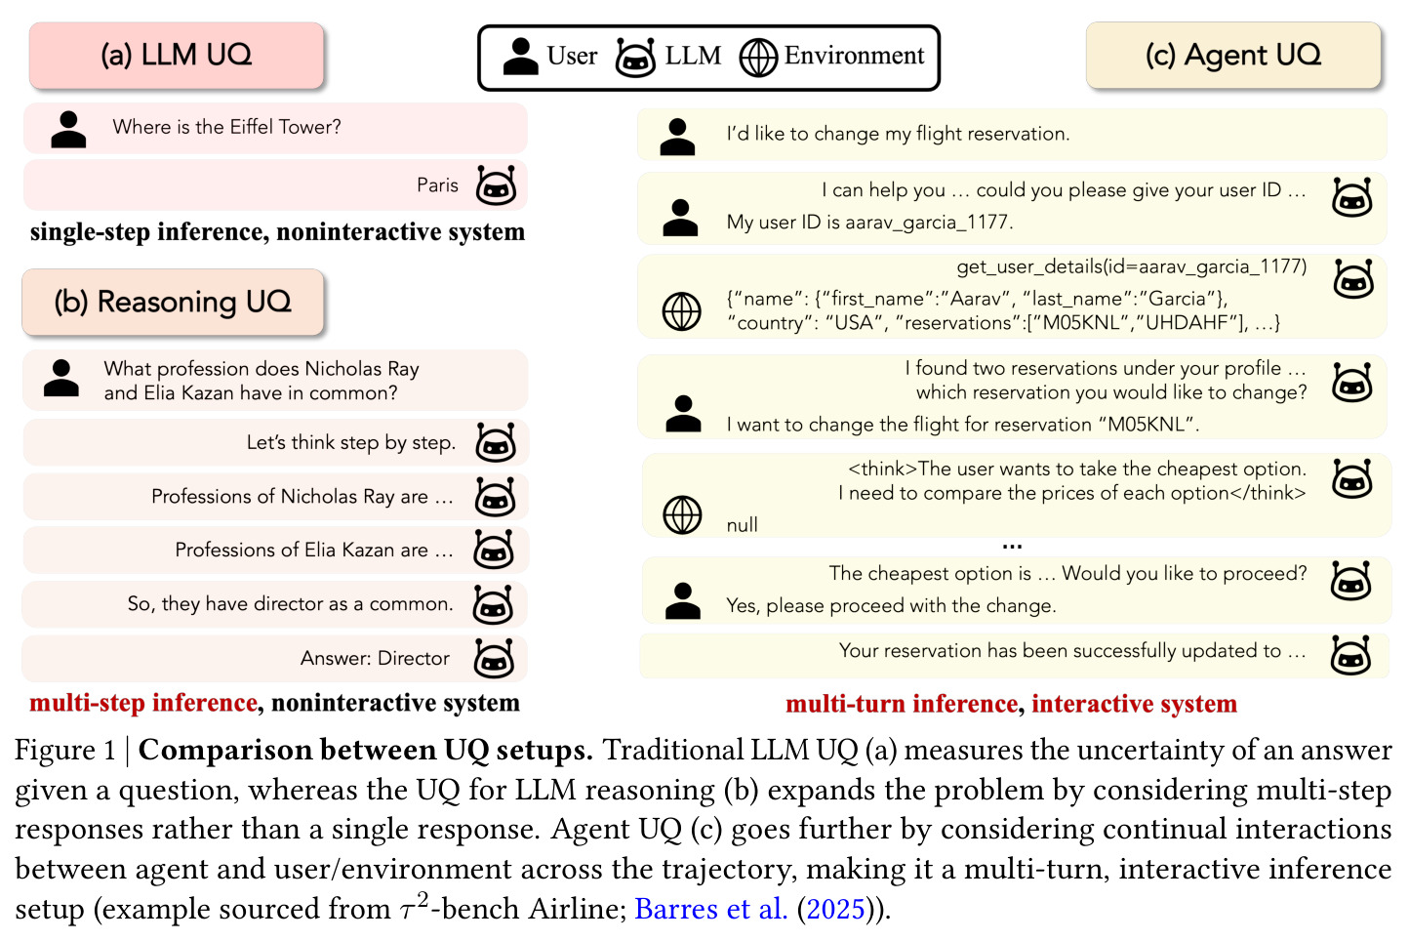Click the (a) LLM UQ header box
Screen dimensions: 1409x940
point(176,56)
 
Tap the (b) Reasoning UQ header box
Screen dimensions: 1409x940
point(173,302)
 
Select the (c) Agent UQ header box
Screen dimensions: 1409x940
point(1233,56)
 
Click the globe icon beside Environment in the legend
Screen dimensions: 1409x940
point(758,58)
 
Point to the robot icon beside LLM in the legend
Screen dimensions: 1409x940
point(635,58)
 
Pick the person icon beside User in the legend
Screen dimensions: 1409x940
point(520,58)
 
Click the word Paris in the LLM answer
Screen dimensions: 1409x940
point(437,185)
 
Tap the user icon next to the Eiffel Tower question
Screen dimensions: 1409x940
point(68,130)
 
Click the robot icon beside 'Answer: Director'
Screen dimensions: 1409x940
point(494,658)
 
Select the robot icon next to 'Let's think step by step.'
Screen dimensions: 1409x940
point(496,442)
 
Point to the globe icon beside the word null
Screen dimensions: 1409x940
point(682,514)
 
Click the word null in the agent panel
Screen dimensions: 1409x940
point(743,525)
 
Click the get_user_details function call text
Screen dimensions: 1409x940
point(1132,266)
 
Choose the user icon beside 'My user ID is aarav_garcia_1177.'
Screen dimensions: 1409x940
point(681,218)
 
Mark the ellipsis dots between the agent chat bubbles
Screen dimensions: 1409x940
point(1012,547)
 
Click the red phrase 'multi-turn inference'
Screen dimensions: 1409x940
point(902,704)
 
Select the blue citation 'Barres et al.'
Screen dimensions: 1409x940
point(710,908)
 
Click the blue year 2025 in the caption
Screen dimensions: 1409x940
point(835,909)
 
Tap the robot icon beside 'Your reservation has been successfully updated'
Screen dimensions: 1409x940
point(1351,655)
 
